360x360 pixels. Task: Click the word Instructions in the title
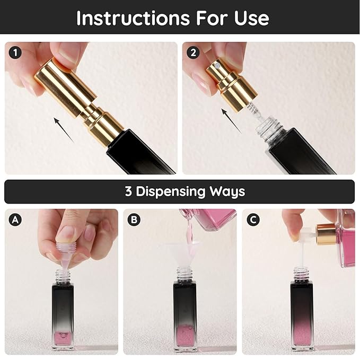tap(133, 18)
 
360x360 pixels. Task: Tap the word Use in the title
tap(251, 18)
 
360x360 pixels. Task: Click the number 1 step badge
tap(15, 52)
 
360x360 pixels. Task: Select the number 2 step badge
tap(193, 52)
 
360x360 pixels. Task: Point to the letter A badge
tap(15, 219)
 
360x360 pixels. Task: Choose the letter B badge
tap(134, 219)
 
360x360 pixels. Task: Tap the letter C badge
tap(253, 219)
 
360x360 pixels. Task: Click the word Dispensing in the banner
tap(171, 192)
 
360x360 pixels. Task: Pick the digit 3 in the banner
tap(128, 191)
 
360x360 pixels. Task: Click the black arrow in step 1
tap(64, 130)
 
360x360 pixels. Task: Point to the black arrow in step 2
tap(231, 121)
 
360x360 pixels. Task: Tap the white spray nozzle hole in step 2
tap(217, 66)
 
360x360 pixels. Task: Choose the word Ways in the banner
tap(227, 192)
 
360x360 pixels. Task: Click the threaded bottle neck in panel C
tap(302, 275)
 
